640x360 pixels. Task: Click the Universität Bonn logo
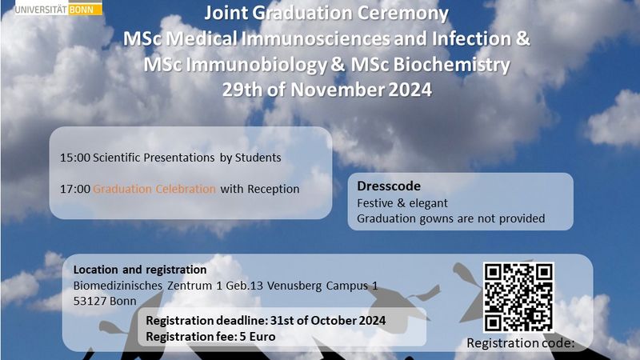tap(58, 8)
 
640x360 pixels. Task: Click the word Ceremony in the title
tap(402, 13)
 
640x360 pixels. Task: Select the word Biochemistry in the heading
tap(451, 65)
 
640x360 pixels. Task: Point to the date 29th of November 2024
tap(327, 90)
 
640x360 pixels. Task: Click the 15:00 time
tap(75, 158)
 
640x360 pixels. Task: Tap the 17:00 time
tap(75, 189)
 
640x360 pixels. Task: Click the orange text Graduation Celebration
tap(154, 189)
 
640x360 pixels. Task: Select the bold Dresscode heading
tap(389, 186)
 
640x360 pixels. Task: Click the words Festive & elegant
tap(402, 203)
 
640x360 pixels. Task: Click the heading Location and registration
tap(139, 270)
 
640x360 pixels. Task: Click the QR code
tap(518, 298)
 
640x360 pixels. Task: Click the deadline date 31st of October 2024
tap(328, 321)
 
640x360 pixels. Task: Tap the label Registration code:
tap(521, 343)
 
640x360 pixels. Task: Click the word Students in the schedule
tap(258, 158)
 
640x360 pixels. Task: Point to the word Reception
tap(274, 190)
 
